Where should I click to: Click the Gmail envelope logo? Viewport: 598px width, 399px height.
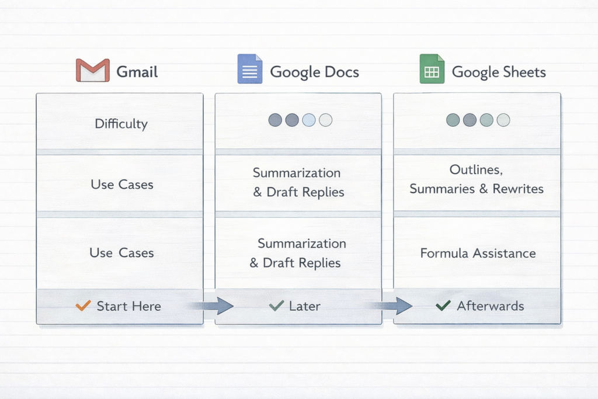pos(93,71)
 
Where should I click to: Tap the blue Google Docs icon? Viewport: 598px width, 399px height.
pos(250,70)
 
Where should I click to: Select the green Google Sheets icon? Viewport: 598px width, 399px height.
pos(432,70)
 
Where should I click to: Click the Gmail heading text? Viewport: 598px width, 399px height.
pos(137,72)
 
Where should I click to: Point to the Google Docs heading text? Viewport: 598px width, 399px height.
pos(314,72)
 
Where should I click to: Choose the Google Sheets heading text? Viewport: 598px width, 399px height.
pos(499,72)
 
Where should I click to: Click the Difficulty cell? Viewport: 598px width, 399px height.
pos(121,123)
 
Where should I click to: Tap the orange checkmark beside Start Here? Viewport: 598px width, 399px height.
pos(84,305)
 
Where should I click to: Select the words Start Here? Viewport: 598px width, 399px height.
pos(128,306)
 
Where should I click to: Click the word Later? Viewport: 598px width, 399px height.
pos(304,306)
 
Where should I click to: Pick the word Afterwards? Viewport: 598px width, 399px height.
pos(491,306)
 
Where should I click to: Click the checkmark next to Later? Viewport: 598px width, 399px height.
pos(276,305)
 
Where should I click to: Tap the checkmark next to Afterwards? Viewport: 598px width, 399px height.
pos(443,305)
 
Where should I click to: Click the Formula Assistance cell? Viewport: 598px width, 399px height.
pos(478,253)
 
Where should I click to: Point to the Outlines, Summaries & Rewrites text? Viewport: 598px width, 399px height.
pos(477,179)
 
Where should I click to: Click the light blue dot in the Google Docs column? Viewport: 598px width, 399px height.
pos(309,120)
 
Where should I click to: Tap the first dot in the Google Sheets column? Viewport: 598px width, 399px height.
pos(453,120)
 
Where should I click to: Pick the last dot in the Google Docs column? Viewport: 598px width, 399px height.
pos(326,120)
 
